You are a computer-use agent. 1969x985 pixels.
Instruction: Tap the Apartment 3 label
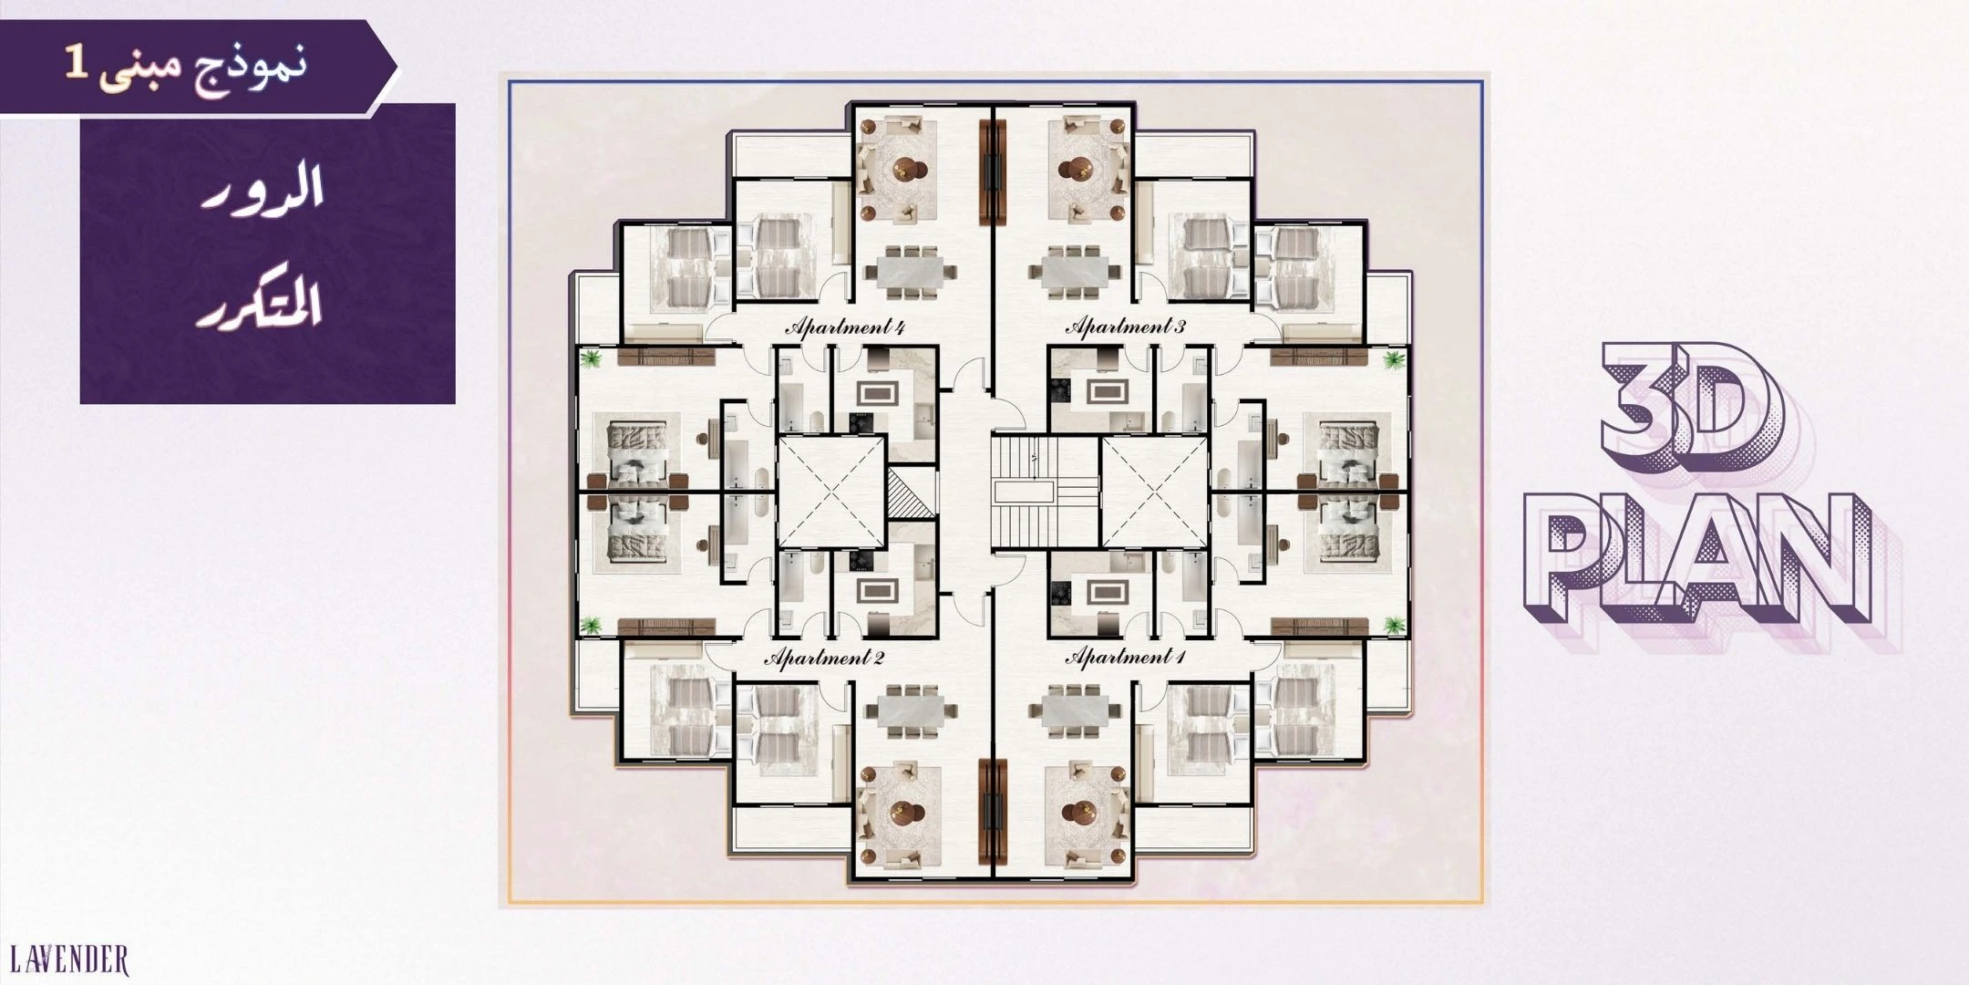point(1126,326)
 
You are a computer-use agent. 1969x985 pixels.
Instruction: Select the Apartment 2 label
point(824,658)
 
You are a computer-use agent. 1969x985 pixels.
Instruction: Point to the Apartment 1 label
point(1126,657)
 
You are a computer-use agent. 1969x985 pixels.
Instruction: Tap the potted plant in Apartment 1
point(1392,625)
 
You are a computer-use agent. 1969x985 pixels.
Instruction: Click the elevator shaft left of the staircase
point(830,493)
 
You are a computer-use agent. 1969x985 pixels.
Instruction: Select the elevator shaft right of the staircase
point(1154,493)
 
